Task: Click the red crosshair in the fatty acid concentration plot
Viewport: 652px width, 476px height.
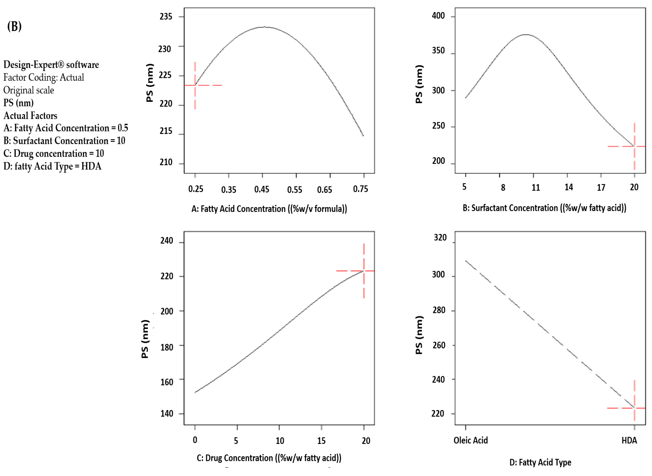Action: click(x=195, y=85)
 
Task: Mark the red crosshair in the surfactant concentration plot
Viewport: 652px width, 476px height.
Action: click(x=634, y=146)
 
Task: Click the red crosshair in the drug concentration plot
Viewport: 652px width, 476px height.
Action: click(x=364, y=271)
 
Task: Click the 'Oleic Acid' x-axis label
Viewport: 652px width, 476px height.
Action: click(x=471, y=440)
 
